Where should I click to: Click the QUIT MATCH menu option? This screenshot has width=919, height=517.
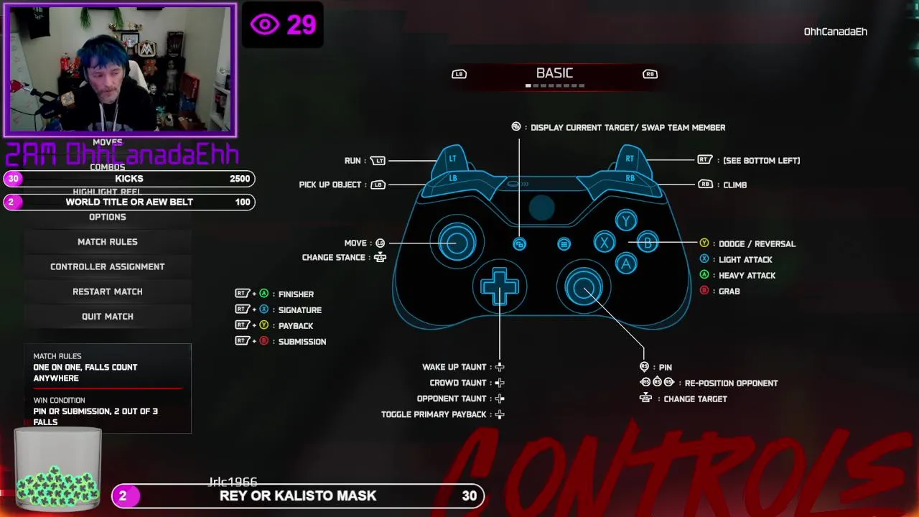pos(108,317)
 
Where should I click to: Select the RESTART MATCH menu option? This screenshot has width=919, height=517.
pos(108,292)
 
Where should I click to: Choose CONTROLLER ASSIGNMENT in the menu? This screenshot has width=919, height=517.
pos(108,266)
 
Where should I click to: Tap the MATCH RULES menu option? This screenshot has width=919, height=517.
pos(108,242)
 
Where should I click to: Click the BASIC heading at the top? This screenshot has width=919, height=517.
pos(554,73)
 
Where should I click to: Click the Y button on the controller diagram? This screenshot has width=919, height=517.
pos(626,221)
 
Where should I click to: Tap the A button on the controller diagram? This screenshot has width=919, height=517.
pos(626,264)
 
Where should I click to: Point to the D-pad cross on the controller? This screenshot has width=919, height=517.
pos(500,288)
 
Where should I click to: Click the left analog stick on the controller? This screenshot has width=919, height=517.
pos(457,241)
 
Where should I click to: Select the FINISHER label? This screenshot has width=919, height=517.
pos(296,294)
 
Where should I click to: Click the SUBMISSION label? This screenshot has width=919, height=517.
pos(302,342)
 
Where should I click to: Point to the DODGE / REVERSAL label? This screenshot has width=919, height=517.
pos(757,244)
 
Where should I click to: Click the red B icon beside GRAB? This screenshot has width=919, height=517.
pos(704,291)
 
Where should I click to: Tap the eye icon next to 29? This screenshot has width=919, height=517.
pos(264,25)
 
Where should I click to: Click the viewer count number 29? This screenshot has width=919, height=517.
pos(302,25)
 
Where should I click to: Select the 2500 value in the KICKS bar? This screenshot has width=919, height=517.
pos(240,179)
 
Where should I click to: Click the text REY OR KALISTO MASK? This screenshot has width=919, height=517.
pos(298,495)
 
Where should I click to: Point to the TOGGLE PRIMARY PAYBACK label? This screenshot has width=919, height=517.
pos(434,414)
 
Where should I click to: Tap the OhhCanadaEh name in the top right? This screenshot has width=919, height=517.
pos(835,32)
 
